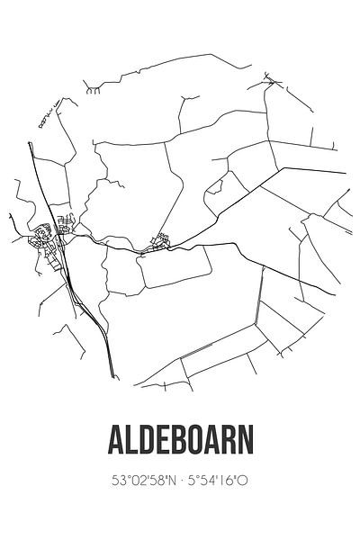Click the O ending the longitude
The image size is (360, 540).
243,481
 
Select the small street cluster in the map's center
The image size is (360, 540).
161,241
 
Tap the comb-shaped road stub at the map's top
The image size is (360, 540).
93,89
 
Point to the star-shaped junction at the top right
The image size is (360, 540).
273,82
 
